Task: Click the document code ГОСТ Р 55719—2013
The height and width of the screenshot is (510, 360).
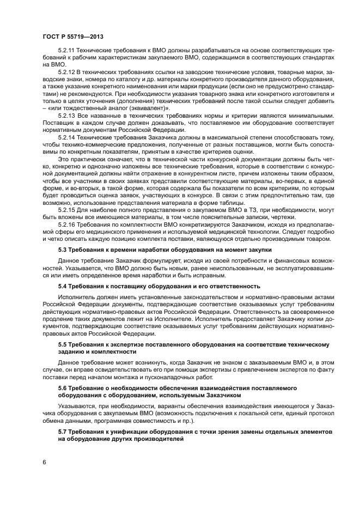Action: (x=73, y=36)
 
